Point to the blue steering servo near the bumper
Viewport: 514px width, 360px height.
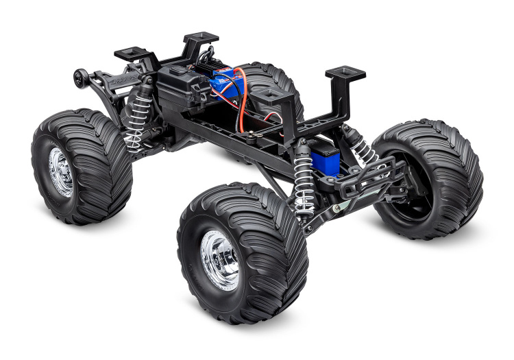click(327, 159)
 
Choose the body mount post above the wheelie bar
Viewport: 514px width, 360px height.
click(131, 53)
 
